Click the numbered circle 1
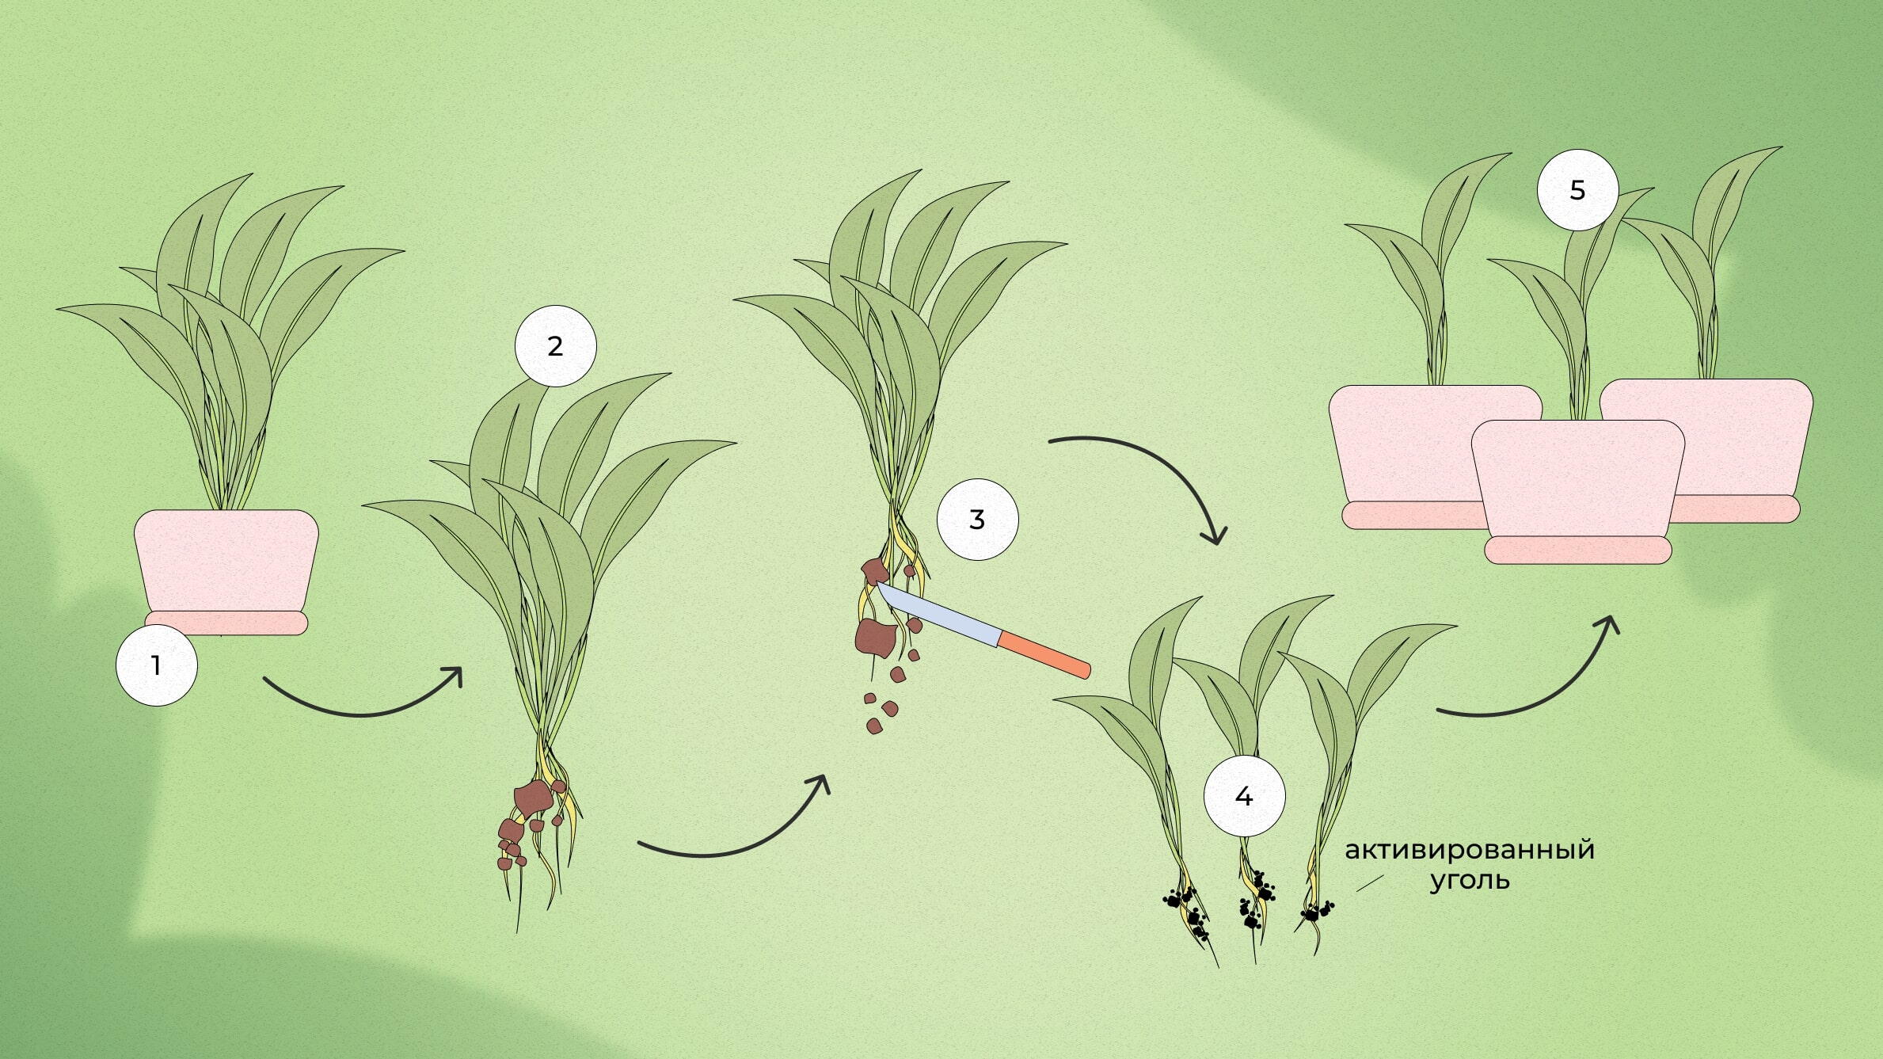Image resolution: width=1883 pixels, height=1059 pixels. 156,665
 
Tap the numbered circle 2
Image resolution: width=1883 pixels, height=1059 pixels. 555,346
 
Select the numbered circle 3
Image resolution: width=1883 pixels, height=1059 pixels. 977,520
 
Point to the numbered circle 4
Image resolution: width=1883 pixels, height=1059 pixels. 1244,796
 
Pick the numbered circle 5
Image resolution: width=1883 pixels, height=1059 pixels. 1577,190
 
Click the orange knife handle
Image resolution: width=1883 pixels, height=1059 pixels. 1044,654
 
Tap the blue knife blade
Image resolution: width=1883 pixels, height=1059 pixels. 938,613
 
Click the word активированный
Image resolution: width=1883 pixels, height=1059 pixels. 1470,849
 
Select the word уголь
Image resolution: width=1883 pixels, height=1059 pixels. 1470,881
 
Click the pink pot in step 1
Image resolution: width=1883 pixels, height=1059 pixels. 226,561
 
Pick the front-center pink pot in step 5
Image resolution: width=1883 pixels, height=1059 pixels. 1578,478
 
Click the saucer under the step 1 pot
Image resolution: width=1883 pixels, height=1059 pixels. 226,623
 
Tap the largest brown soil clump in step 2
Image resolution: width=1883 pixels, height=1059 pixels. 534,798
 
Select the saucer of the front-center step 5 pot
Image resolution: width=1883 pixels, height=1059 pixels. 1578,550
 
